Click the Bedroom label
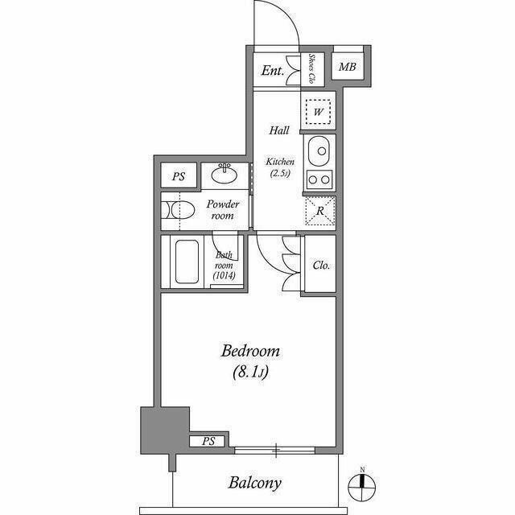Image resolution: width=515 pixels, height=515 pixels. click(x=250, y=351)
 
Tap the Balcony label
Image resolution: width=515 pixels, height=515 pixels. click(x=255, y=483)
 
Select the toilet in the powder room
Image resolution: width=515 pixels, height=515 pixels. click(x=179, y=210)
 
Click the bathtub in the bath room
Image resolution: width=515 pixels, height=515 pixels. click(x=187, y=262)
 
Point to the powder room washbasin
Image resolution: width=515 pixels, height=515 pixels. click(x=225, y=173)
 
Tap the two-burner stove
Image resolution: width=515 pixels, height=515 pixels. click(x=319, y=179)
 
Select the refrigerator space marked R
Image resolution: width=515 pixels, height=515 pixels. click(x=320, y=211)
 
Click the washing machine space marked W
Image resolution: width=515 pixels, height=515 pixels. click(x=318, y=112)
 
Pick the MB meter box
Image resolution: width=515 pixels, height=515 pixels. click(x=348, y=67)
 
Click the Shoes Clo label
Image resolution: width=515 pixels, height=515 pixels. click(x=311, y=68)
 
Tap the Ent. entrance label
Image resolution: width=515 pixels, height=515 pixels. click(x=273, y=70)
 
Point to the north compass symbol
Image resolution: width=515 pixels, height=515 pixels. click(x=362, y=484)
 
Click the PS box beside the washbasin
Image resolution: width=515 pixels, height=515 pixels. click(x=179, y=176)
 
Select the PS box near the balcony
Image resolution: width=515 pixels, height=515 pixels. click(x=208, y=441)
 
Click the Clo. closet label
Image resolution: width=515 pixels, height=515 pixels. click(x=321, y=265)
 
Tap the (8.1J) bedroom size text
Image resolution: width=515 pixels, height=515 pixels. click(x=250, y=372)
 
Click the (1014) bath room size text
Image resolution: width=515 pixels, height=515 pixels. click(x=224, y=275)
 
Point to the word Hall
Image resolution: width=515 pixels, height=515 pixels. click(x=279, y=130)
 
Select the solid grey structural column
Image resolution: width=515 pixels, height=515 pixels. click(x=164, y=431)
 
